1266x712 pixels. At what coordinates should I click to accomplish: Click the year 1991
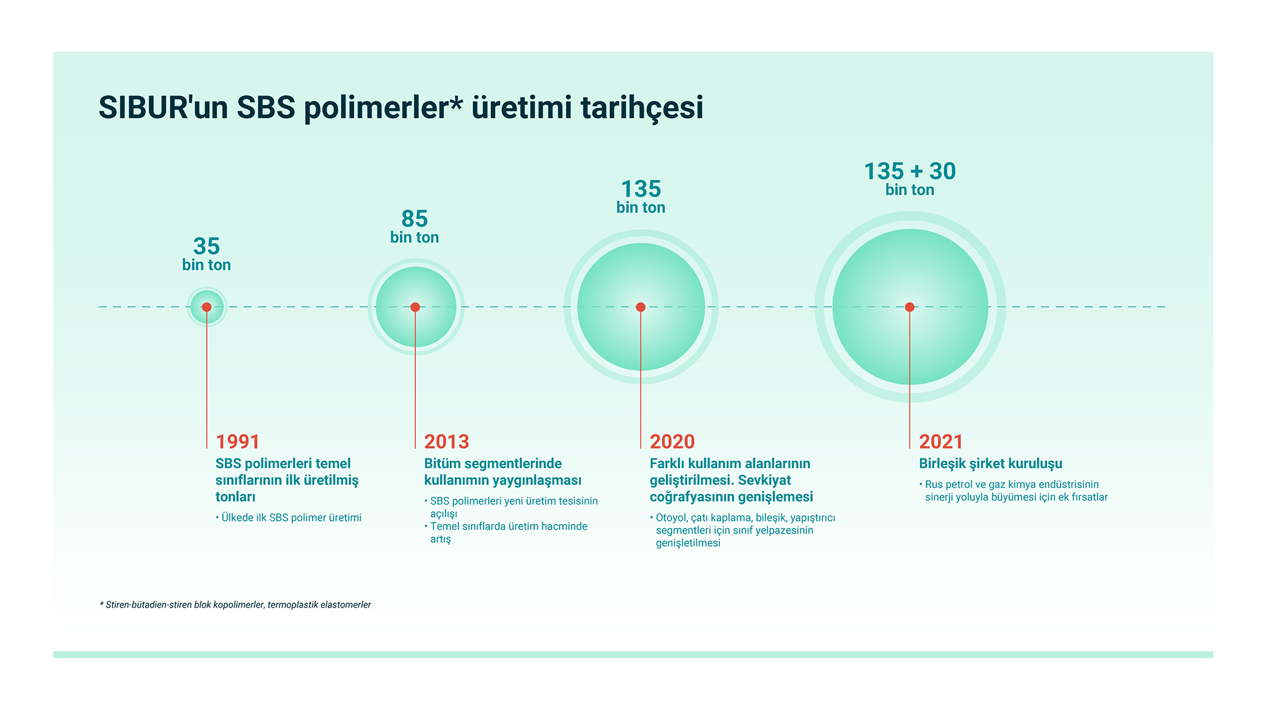point(237,441)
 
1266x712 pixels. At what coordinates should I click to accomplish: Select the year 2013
point(446,441)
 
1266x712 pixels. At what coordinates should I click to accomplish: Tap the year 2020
point(672,441)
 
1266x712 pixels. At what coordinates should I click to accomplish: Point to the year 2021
point(941,441)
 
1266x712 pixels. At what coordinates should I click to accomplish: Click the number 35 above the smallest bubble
point(206,246)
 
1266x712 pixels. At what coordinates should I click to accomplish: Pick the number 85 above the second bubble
point(415,219)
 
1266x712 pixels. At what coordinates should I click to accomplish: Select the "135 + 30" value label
point(910,171)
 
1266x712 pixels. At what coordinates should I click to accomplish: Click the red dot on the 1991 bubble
point(206,307)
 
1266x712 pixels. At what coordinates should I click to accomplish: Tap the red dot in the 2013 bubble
point(415,307)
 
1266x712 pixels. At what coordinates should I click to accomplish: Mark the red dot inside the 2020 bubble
point(641,307)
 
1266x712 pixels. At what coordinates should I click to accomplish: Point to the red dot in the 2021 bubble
point(910,307)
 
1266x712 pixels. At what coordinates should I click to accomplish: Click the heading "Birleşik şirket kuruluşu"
point(991,464)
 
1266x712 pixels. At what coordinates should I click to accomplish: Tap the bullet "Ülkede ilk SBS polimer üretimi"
point(289,518)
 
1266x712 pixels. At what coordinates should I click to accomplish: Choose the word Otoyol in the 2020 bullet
point(670,518)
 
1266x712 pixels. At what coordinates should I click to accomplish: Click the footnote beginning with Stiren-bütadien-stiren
point(235,604)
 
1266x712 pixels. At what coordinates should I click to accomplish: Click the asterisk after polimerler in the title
point(457,101)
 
